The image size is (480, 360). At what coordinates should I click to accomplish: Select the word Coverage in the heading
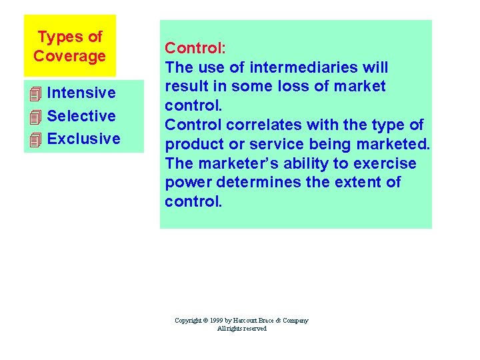point(69,56)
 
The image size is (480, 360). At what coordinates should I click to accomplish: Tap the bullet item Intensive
point(81,93)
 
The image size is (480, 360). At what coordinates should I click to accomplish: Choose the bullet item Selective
point(81,116)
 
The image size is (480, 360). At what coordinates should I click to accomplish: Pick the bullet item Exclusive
point(84,139)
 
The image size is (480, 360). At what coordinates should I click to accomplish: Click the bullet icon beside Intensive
point(36,93)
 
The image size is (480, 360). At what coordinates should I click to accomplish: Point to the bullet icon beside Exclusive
point(36,139)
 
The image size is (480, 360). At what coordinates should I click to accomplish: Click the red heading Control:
point(195,48)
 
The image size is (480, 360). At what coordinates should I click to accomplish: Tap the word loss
point(299,87)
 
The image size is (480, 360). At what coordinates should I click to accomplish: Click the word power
point(187,183)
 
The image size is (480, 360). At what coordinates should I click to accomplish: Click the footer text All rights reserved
point(241,329)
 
